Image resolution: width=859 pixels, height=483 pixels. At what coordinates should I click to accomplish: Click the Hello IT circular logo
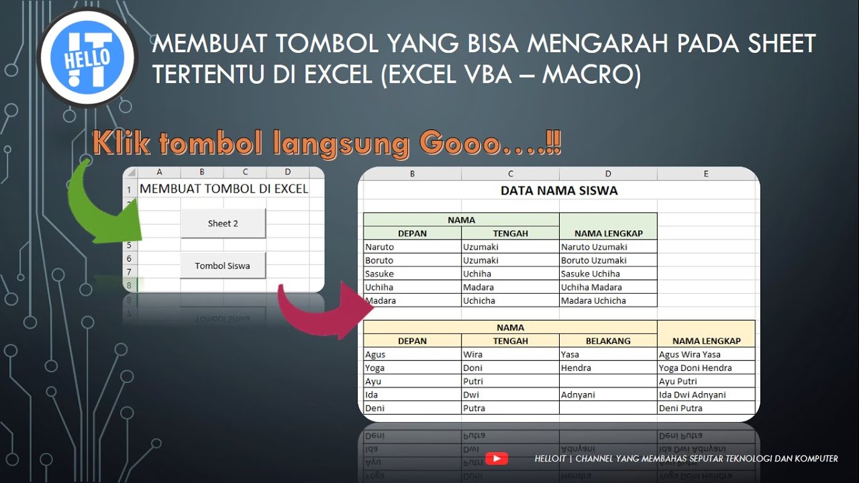(x=87, y=58)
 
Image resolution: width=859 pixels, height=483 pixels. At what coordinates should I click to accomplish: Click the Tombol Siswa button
(x=223, y=266)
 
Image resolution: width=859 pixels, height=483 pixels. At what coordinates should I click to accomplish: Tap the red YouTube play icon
(x=497, y=459)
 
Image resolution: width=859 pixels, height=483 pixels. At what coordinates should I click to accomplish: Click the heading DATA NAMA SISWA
(x=559, y=191)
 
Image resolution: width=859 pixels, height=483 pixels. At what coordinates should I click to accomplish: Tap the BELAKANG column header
(x=608, y=341)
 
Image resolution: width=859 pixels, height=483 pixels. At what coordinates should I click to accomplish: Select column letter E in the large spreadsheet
(x=706, y=174)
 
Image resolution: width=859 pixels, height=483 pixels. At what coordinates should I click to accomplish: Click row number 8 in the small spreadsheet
(x=129, y=285)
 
